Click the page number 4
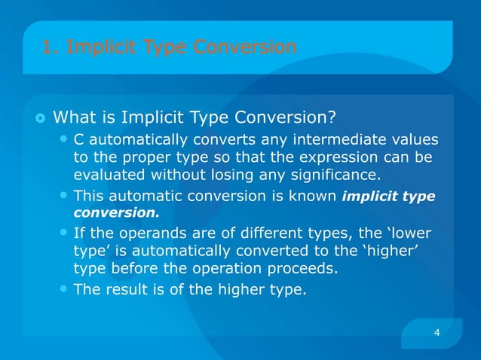437,332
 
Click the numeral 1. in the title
51,47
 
